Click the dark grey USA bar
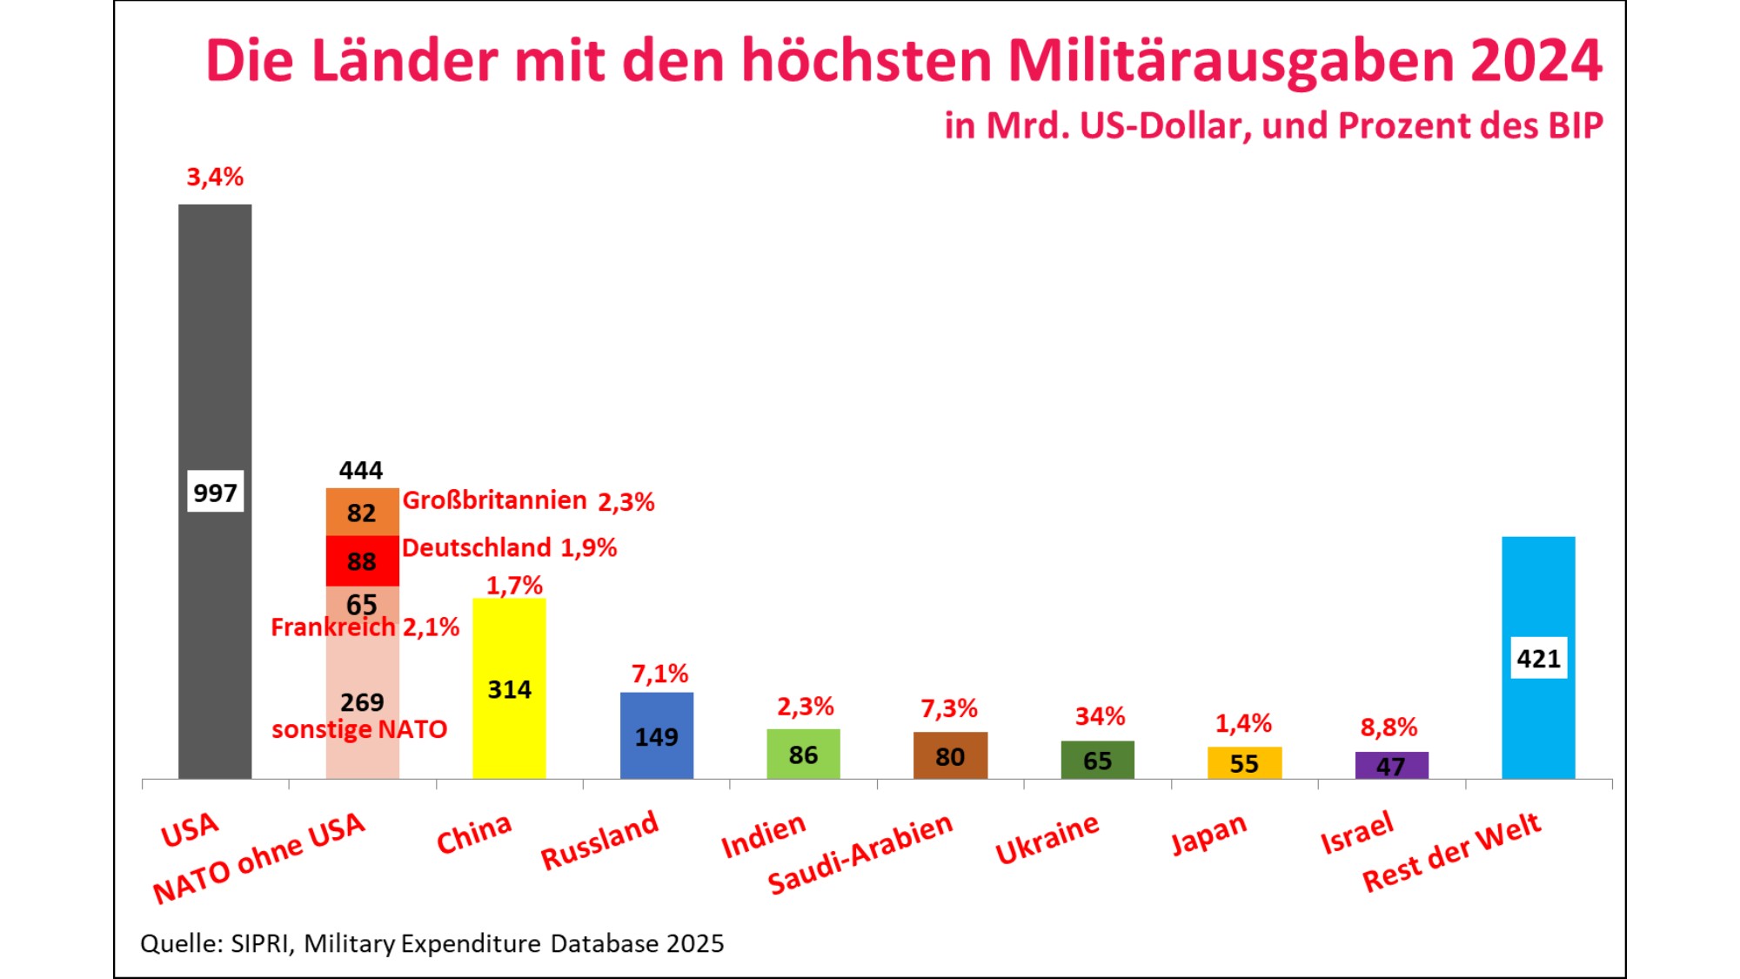tap(215, 348)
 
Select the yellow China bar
tap(509, 644)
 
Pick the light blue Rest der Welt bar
tap(1537, 592)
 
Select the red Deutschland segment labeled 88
tap(362, 560)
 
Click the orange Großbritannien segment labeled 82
tap(362, 512)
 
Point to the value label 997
tap(215, 493)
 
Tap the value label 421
tap(1537, 658)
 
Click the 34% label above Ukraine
tap(1100, 716)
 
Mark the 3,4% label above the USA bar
tap(215, 177)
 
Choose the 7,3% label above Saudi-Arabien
tap(949, 708)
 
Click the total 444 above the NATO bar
tap(361, 471)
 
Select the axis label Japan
tap(1208, 834)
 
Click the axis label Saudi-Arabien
tap(860, 854)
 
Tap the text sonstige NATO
tap(359, 729)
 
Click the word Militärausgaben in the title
tap(1230, 61)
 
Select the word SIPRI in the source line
tap(258, 943)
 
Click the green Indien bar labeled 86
tap(803, 754)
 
